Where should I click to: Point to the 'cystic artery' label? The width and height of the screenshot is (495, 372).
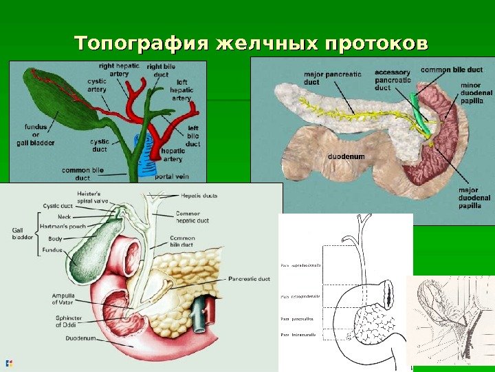(97, 85)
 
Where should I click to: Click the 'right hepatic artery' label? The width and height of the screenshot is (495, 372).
(118, 69)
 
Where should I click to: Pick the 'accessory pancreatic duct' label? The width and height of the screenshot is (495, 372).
(393, 79)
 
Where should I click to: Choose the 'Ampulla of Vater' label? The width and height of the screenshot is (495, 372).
(63, 299)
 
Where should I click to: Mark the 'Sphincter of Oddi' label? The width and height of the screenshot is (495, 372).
(68, 321)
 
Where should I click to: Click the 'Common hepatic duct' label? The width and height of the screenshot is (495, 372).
(188, 217)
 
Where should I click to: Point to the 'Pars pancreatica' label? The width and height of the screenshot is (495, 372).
(296, 319)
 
